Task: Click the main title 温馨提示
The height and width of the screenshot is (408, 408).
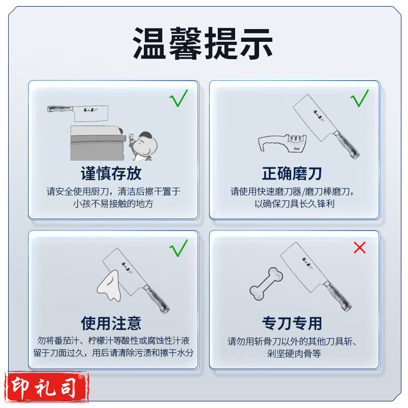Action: click(x=202, y=43)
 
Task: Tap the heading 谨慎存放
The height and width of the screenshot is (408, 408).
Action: click(x=111, y=173)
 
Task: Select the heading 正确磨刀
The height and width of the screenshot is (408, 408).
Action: click(x=292, y=173)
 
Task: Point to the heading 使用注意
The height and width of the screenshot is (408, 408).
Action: click(x=111, y=323)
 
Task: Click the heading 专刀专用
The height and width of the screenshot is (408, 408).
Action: click(x=292, y=323)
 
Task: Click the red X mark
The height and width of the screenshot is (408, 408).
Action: click(x=360, y=247)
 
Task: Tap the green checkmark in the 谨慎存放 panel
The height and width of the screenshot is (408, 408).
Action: click(x=178, y=98)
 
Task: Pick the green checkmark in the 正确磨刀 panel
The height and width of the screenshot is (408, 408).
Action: click(x=360, y=98)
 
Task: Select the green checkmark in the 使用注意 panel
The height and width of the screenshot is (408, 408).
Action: click(x=178, y=248)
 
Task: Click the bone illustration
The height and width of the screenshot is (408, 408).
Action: click(x=266, y=284)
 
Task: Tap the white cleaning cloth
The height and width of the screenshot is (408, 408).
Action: click(x=110, y=286)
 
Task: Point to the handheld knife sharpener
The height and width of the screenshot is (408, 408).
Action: click(x=283, y=143)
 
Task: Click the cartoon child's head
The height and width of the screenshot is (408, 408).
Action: click(x=146, y=144)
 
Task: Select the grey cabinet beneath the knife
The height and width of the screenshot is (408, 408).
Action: click(x=98, y=143)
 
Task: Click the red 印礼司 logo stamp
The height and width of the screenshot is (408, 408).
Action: click(x=46, y=387)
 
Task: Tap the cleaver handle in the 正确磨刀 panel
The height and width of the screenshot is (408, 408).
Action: click(x=346, y=144)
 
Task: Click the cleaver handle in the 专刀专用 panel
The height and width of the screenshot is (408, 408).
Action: click(x=338, y=296)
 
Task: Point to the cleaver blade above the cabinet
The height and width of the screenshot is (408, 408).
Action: click(x=91, y=113)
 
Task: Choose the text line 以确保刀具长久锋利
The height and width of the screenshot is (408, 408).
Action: click(x=294, y=203)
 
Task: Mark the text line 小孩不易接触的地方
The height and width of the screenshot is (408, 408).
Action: click(x=113, y=203)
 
